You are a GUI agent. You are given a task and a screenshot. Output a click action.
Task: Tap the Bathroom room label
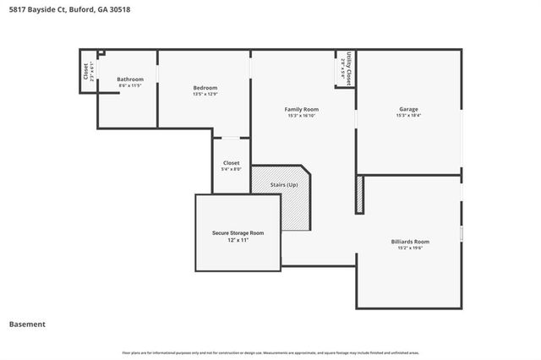(x=130, y=79)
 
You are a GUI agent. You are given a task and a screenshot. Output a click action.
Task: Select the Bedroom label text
(x=205, y=88)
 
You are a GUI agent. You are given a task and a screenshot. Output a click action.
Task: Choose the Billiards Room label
(x=410, y=241)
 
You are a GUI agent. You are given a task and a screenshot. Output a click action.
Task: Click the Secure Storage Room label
(x=238, y=232)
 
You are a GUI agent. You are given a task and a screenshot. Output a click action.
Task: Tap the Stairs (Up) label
(x=284, y=184)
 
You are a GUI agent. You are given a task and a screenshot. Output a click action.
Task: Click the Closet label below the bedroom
(x=231, y=163)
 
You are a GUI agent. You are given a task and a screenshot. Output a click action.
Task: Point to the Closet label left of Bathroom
(x=86, y=72)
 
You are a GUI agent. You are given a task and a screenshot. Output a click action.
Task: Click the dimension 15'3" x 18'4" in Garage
(x=409, y=117)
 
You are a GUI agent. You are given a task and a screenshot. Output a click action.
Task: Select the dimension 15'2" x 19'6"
(x=410, y=248)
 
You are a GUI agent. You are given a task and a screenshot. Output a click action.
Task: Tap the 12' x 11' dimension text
(x=238, y=240)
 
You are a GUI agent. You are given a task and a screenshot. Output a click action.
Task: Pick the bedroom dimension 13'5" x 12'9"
(x=205, y=94)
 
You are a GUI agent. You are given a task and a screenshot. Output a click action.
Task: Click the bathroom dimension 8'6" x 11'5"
(x=130, y=85)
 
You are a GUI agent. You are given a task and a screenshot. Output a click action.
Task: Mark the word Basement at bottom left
(x=27, y=324)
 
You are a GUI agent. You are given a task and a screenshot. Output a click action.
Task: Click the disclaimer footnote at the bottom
(x=270, y=352)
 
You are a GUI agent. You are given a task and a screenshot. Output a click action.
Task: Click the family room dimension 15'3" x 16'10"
(x=301, y=117)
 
